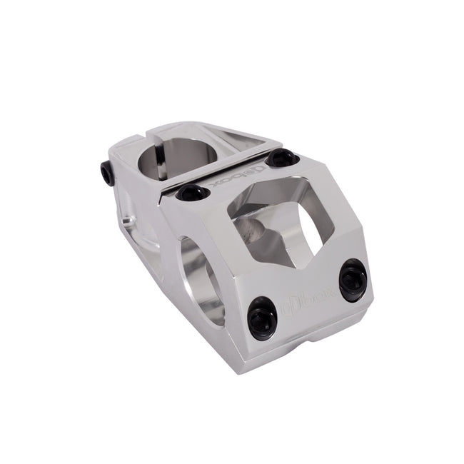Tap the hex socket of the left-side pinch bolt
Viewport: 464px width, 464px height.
[x=104, y=173]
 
